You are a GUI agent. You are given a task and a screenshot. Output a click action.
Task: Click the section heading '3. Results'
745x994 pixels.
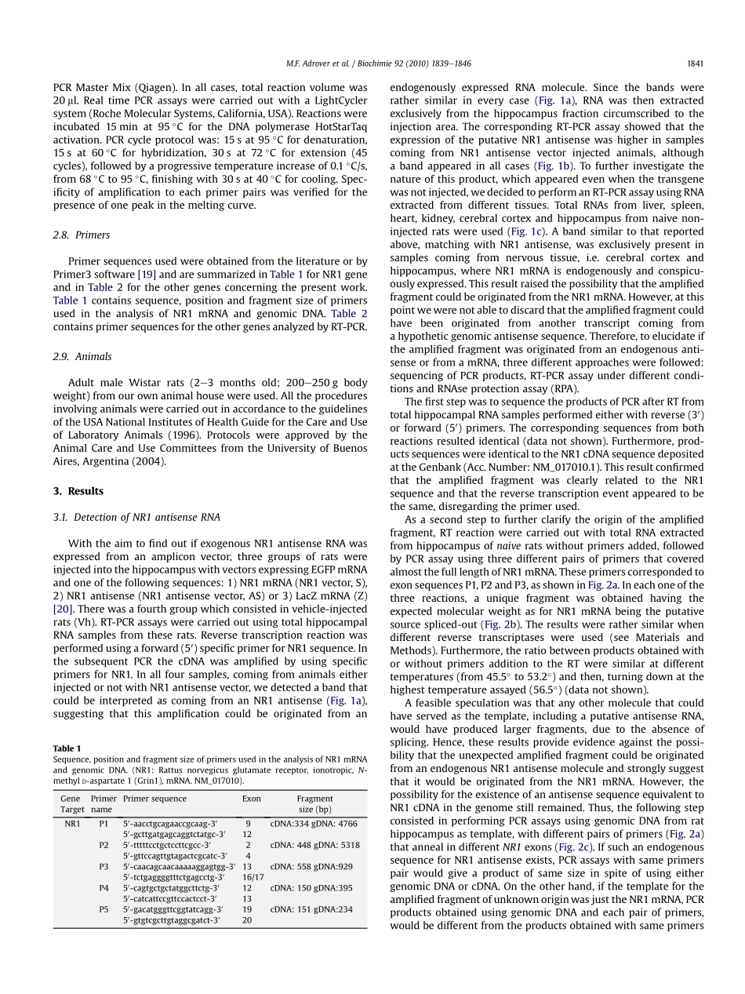78,491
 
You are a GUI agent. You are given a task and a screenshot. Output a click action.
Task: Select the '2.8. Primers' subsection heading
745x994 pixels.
82,235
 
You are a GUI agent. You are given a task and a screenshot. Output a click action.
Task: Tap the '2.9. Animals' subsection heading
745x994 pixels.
82,356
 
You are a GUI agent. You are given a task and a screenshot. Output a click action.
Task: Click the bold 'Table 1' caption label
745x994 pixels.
67,748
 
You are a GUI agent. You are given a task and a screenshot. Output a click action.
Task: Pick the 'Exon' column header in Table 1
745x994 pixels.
251,799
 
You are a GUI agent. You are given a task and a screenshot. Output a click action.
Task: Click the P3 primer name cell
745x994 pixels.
104,867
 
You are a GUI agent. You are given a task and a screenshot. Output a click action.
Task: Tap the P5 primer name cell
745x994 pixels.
104,909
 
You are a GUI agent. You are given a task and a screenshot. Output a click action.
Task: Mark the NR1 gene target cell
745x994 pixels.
72,824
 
